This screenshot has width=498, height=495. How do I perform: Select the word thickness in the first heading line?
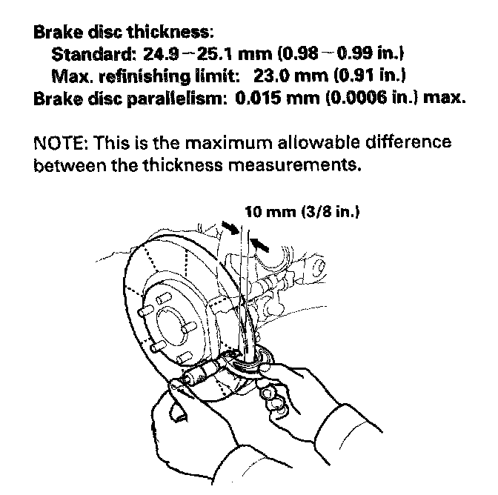click(x=170, y=33)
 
